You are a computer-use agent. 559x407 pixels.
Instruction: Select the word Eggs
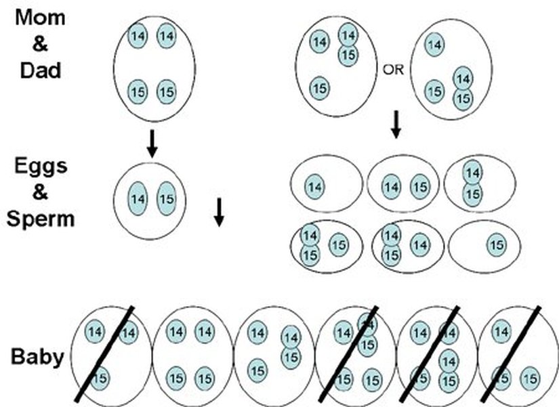click(x=41, y=167)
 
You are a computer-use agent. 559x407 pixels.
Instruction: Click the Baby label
click(x=38, y=357)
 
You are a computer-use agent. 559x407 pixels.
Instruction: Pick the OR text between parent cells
click(x=394, y=69)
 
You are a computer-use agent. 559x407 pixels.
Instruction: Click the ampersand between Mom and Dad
click(x=40, y=43)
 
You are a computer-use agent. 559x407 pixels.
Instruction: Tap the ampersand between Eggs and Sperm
click(x=41, y=193)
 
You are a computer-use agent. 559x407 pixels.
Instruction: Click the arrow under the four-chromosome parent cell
click(x=152, y=143)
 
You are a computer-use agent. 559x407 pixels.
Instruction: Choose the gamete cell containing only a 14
click(x=325, y=184)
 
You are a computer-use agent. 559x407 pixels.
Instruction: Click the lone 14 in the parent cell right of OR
click(x=434, y=45)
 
